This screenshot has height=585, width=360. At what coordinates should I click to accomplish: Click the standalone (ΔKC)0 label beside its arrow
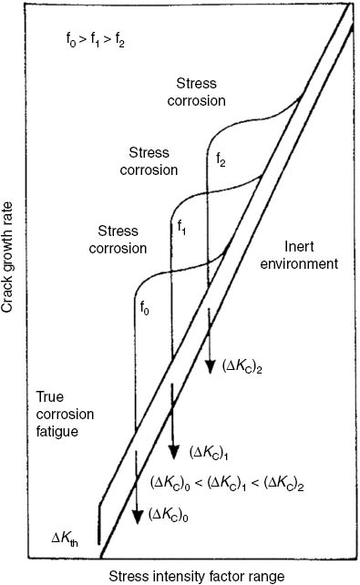(x=172, y=515)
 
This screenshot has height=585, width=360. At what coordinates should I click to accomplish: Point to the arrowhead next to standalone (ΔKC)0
(x=137, y=517)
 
